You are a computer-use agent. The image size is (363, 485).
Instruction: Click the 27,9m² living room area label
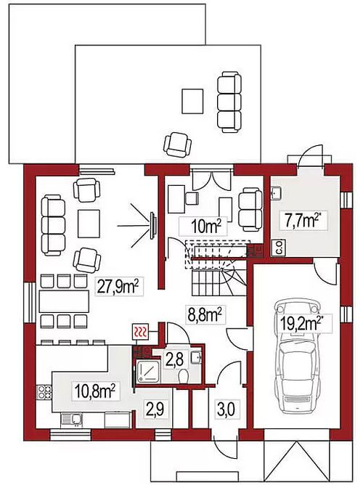118,288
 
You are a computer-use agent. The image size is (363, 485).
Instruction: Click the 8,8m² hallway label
203,316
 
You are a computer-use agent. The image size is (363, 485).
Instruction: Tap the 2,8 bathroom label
175,360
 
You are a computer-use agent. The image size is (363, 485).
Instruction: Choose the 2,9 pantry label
155,409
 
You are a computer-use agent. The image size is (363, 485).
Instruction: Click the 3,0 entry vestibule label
225,409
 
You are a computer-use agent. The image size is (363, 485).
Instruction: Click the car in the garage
297,356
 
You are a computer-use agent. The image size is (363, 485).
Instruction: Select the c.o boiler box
278,247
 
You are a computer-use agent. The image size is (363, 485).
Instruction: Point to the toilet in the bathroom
184,375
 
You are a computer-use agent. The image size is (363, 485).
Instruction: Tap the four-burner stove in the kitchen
44,392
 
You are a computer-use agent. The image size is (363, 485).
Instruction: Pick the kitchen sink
72,420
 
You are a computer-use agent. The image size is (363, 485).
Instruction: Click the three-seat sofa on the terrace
229,101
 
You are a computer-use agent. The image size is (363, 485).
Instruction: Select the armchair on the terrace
177,144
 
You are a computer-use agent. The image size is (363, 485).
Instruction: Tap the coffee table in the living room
89,224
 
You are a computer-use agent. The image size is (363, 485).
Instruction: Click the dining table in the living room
64,301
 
